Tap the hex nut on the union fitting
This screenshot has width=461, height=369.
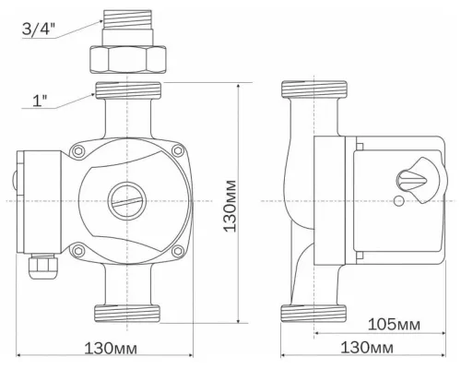click(x=128, y=62)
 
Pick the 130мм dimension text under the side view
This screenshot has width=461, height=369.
click(x=364, y=348)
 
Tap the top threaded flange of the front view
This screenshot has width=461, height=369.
click(x=128, y=91)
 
